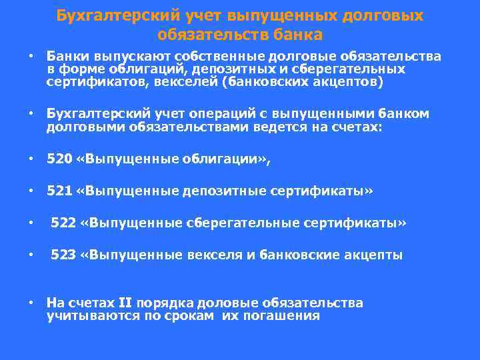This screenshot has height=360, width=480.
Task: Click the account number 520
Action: (58, 159)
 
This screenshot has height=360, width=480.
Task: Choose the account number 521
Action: (58, 192)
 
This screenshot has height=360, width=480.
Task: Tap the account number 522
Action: (63, 223)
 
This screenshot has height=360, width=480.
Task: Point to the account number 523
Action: (63, 255)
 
